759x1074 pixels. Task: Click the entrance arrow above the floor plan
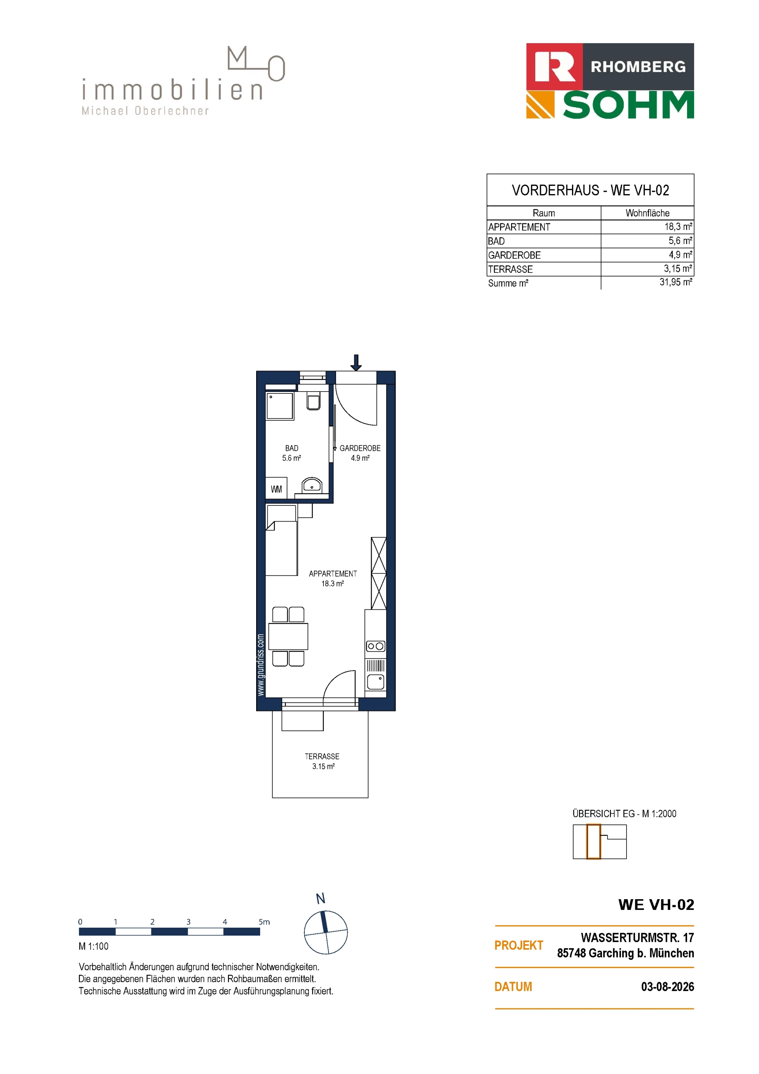[x=356, y=363]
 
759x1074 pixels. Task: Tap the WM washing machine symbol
[x=276, y=489]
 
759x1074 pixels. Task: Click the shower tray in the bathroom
[x=279, y=406]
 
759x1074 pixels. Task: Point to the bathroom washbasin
[x=312, y=485]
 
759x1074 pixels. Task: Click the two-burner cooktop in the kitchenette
[x=376, y=646]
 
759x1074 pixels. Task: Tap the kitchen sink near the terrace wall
[x=376, y=682]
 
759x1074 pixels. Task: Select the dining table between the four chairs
[x=289, y=636]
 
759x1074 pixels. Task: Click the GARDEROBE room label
[x=360, y=448]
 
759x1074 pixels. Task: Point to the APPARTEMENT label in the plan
[x=333, y=573]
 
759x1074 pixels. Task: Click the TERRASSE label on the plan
[x=322, y=756]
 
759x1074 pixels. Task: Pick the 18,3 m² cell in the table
[x=678, y=227]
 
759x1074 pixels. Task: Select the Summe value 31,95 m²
[x=676, y=282]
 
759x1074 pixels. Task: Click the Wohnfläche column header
[x=648, y=213]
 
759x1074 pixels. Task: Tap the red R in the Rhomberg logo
[x=555, y=67]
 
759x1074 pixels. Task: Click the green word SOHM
[x=629, y=105]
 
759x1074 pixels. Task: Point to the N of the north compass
[x=321, y=898]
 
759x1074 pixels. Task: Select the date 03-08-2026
[x=667, y=987]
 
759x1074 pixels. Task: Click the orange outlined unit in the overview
[x=593, y=842]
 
